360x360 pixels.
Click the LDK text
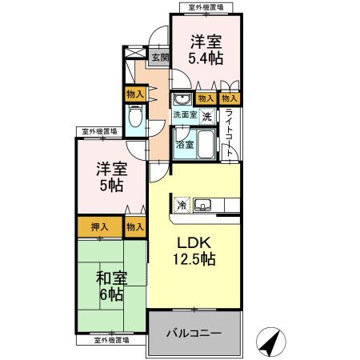point(193,244)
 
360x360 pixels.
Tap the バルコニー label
point(194,331)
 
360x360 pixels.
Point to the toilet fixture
point(135,120)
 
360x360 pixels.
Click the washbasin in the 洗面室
point(182,98)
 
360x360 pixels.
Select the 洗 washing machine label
point(206,116)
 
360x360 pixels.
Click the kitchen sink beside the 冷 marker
point(202,205)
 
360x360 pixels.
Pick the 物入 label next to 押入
point(135,226)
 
